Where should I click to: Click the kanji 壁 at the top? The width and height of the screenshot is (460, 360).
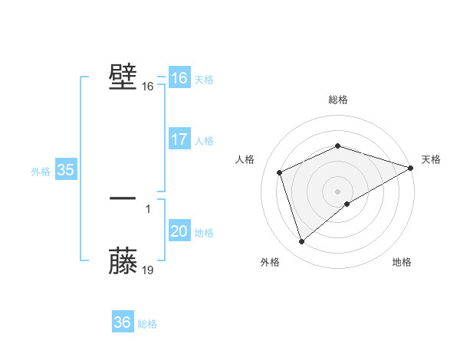point(123,77)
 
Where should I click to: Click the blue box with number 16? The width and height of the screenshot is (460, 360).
point(179,78)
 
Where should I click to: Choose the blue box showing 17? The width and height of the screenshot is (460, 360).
point(179,139)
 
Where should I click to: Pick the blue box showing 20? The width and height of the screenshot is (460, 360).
point(179,231)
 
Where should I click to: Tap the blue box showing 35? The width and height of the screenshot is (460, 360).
point(66,170)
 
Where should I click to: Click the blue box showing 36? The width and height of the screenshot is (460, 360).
point(123,322)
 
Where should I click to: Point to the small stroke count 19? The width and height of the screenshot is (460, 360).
point(148,270)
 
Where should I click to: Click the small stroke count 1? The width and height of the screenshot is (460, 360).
point(147,208)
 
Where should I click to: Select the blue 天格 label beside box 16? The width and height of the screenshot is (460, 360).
point(204,80)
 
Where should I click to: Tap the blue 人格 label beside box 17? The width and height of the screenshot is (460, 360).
point(204,141)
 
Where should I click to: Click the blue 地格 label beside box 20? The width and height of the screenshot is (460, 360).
point(204,233)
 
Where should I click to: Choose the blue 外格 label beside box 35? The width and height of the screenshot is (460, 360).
point(41,172)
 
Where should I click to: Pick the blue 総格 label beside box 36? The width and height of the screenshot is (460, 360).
point(147,324)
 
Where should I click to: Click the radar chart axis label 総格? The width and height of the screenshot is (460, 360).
point(338,100)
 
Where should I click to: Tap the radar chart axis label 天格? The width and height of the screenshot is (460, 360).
point(431,159)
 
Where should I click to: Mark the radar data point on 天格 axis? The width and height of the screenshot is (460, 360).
point(411,167)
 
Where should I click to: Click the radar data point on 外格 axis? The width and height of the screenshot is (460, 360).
point(301,242)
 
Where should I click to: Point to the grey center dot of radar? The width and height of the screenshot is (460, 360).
point(338,191)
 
